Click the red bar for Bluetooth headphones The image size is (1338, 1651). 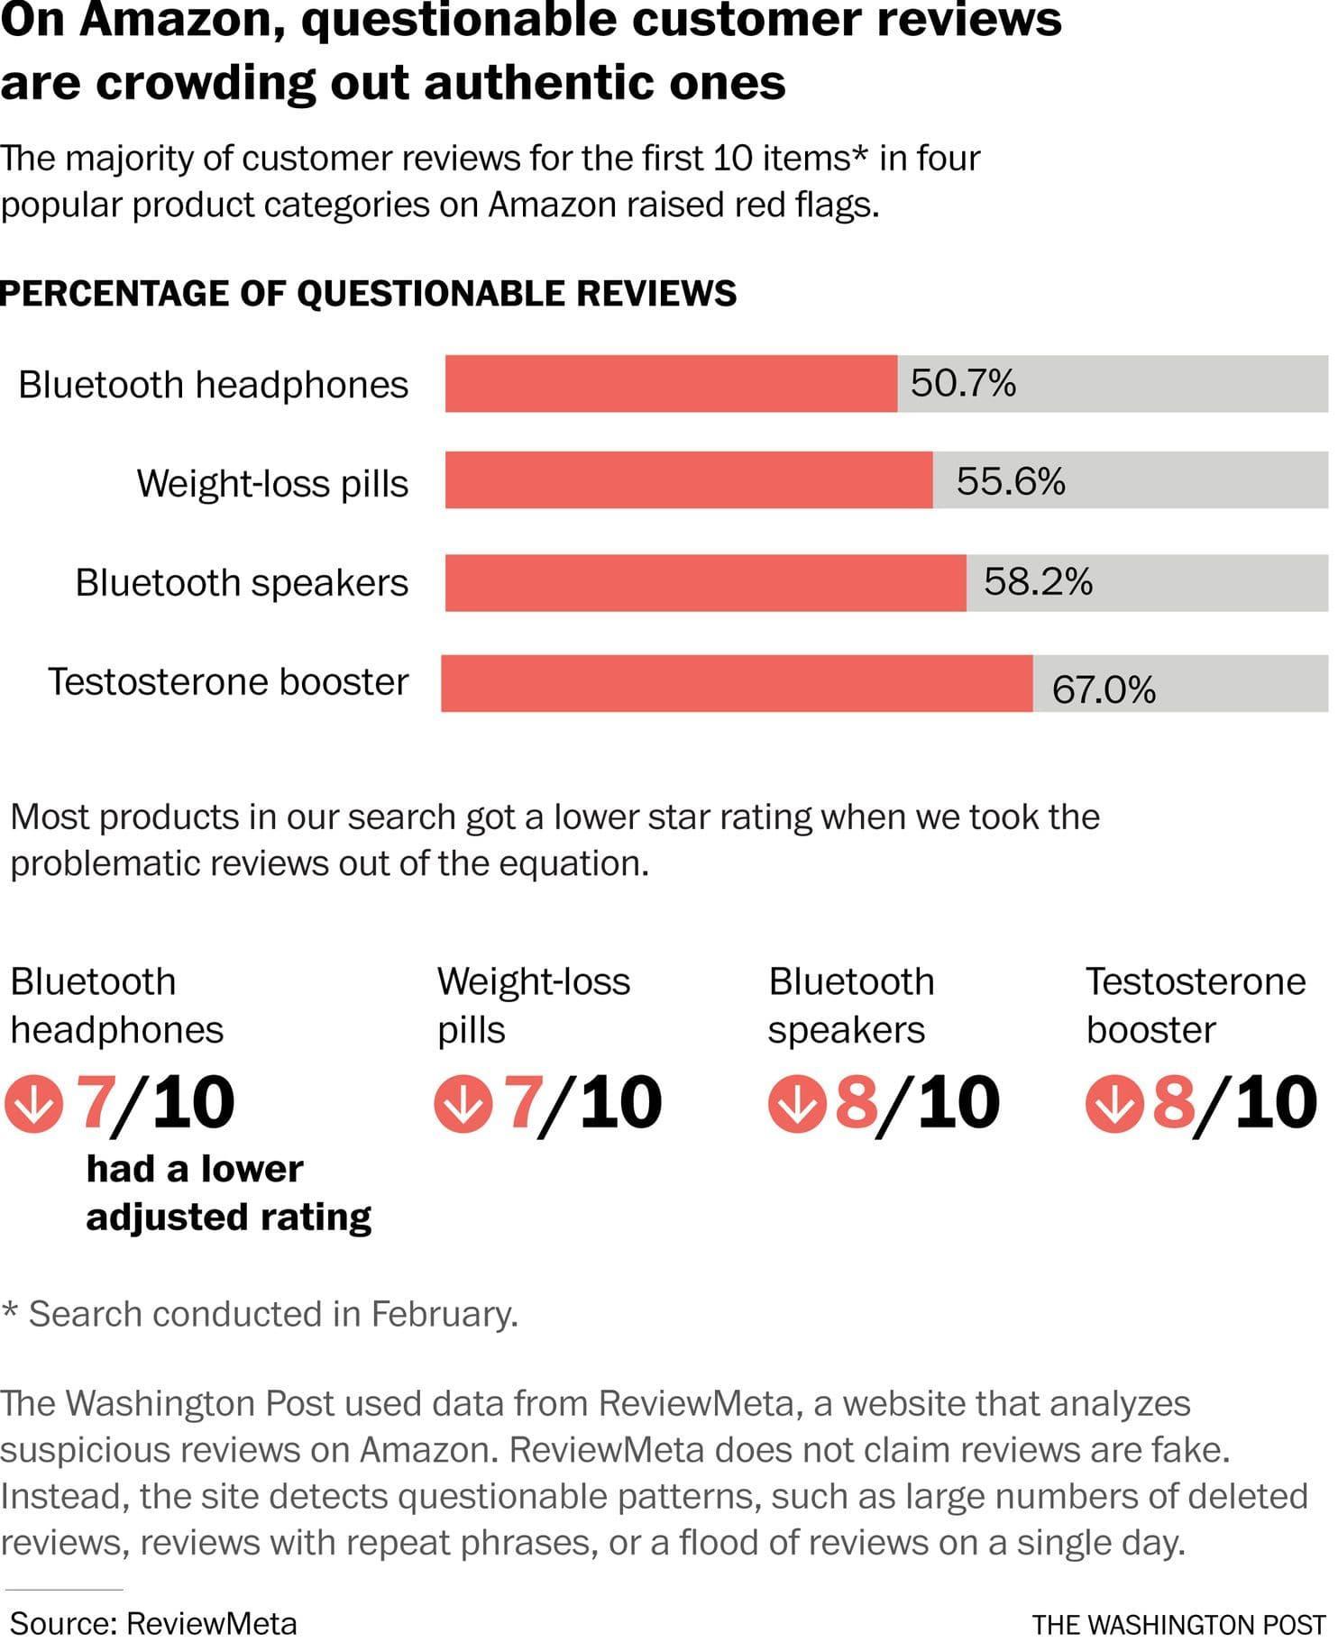[671, 384]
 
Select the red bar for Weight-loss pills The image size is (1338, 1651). [689, 481]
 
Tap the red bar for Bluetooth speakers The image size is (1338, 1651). [705, 583]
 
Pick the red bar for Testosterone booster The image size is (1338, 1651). [737, 683]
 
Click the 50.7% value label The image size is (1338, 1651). [963, 384]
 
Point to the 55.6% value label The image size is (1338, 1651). [1011, 481]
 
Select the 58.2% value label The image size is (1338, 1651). [1038, 582]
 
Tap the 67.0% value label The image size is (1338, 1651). [1104, 691]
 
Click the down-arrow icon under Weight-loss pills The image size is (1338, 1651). [463, 1104]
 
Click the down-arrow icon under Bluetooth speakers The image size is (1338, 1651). [797, 1104]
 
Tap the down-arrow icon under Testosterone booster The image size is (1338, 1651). [1114, 1104]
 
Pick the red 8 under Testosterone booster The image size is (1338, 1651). [1173, 1102]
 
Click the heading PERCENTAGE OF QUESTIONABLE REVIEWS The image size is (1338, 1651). [369, 294]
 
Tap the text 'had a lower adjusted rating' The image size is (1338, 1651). [228, 1192]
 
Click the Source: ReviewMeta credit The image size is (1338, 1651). [153, 1623]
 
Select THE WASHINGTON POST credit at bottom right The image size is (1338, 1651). [1178, 1625]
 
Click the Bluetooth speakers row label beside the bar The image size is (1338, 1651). [242, 583]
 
